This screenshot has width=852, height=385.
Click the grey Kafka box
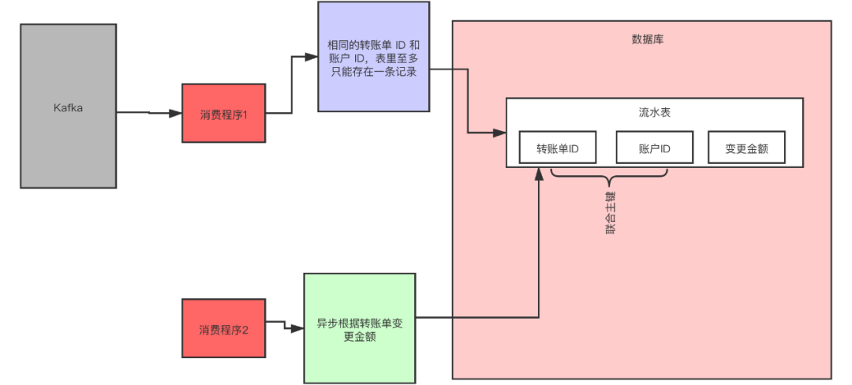tap(69, 106)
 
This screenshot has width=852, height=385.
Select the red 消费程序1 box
tap(224, 114)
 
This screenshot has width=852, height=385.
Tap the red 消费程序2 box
tap(224, 328)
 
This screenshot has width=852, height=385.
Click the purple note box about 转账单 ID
tap(373, 57)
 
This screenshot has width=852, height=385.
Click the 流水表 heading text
tap(655, 113)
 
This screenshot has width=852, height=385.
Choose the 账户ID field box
tap(654, 148)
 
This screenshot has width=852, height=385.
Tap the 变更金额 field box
tap(746, 148)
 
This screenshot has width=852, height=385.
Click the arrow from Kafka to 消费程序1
tap(150, 114)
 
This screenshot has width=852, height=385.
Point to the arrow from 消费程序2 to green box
tap(285, 324)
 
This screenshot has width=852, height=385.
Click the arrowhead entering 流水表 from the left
tap(499, 132)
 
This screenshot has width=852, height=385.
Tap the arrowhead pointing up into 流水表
tap(540, 175)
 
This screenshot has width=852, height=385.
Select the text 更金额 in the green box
tap(360, 337)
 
